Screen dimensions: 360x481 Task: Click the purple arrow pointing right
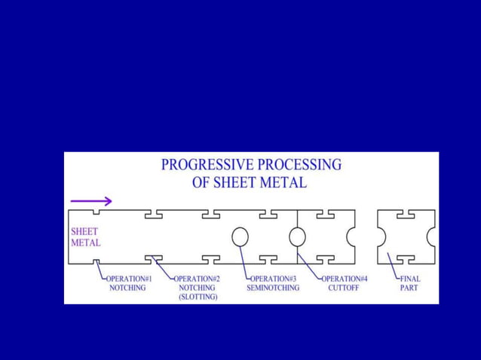91,201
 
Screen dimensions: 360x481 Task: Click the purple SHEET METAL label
84,237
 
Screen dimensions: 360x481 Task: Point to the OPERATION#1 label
128,279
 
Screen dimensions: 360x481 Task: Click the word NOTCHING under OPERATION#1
127,288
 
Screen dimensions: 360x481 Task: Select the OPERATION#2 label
198,279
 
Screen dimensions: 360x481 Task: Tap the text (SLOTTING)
198,297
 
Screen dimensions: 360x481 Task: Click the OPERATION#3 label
273,279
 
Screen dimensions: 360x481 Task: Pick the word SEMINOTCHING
273,288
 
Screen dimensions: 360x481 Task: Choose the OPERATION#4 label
345,279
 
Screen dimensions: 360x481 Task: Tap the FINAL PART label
410,283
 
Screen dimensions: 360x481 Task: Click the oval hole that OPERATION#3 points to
240,236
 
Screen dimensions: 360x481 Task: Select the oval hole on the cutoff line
297,236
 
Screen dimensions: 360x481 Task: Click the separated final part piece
406,236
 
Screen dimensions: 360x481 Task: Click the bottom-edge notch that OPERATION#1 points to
97,261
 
